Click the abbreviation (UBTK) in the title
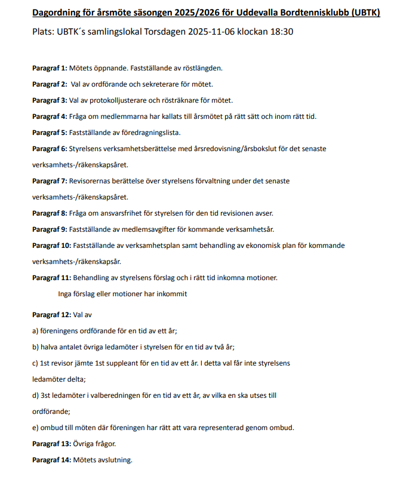[x=362, y=13]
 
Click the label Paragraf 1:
[x=50, y=68]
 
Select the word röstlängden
[x=201, y=68]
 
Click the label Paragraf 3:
[x=50, y=100]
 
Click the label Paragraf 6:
[x=50, y=149]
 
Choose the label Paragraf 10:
[x=52, y=245]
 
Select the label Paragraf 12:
[x=52, y=314]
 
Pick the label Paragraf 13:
[x=52, y=444]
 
